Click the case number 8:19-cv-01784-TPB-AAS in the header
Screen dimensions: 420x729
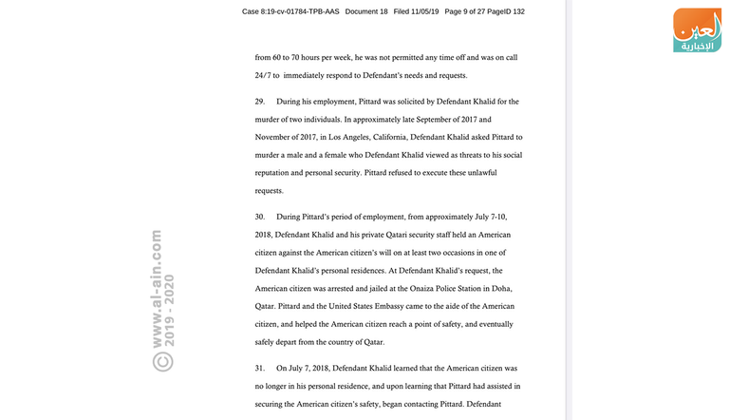coord(290,11)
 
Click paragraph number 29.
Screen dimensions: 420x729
coord(259,102)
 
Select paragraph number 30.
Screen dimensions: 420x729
coord(259,217)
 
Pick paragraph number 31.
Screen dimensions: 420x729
coord(259,368)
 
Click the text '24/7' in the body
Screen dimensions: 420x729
coord(263,75)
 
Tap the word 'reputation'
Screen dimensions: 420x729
coord(275,173)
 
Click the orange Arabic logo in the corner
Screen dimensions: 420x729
coord(697,30)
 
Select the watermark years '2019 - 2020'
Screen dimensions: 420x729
coord(170,308)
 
